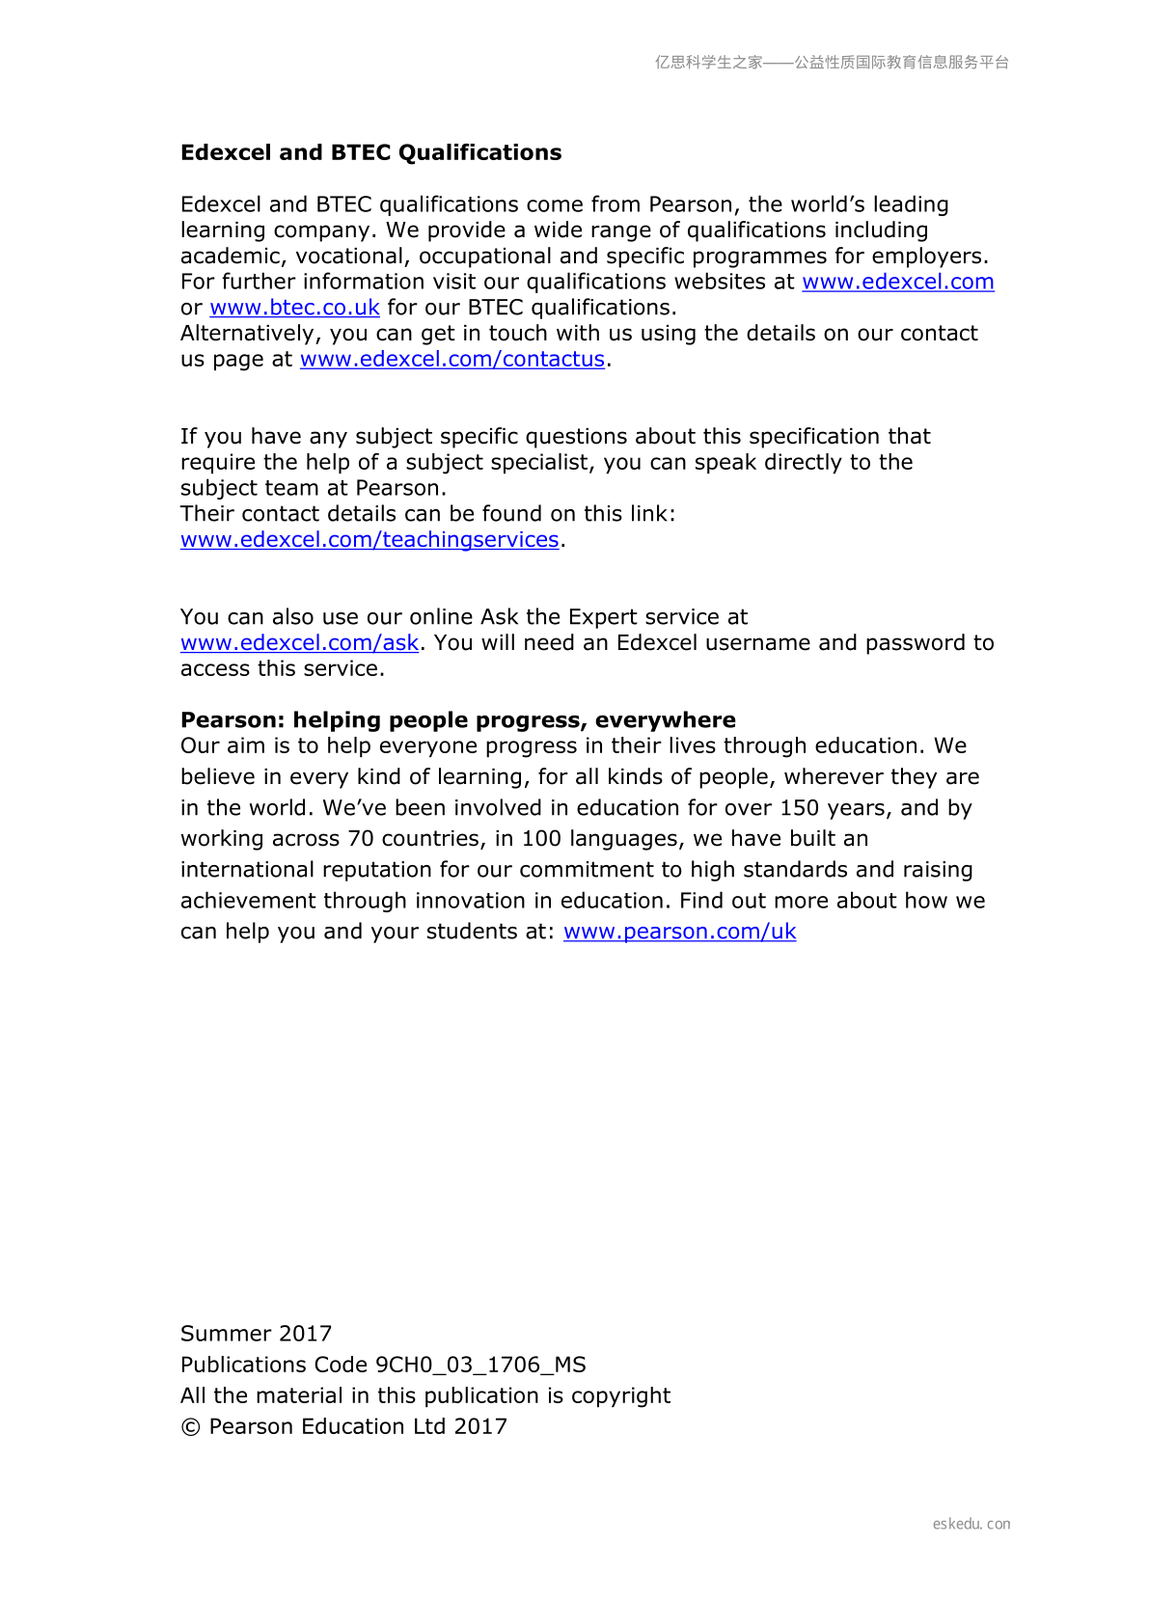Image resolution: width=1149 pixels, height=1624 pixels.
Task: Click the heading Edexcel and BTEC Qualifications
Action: pyautogui.click(x=370, y=152)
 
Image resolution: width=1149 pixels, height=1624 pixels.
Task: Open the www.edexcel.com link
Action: pyautogui.click(x=897, y=282)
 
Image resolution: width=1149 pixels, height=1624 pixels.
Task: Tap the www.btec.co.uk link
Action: pyautogui.click(x=294, y=308)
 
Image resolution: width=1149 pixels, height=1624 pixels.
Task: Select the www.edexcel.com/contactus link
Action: pyautogui.click(x=451, y=359)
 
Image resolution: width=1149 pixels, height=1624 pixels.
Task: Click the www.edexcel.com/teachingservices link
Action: pyautogui.click(x=369, y=540)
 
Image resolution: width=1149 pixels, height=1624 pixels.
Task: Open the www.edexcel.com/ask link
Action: pyautogui.click(x=299, y=643)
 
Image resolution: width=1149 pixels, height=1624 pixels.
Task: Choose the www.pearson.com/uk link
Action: pyautogui.click(x=679, y=932)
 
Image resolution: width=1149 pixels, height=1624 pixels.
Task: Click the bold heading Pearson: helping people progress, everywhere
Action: pyautogui.click(x=457, y=720)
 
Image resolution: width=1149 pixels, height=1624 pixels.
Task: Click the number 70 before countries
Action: pyautogui.click(x=361, y=839)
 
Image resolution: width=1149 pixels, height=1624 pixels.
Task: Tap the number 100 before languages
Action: pyautogui.click(x=542, y=839)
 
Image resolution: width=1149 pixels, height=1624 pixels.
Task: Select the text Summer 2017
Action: pyautogui.click(x=256, y=1334)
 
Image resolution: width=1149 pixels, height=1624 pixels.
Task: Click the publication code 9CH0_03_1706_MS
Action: pyautogui.click(x=480, y=1365)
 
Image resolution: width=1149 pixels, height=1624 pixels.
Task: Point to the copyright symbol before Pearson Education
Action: pyautogui.click(x=190, y=1427)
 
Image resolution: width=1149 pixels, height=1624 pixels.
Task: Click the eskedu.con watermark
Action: pyautogui.click(x=971, y=1524)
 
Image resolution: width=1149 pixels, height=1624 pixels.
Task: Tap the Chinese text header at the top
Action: pyautogui.click(x=832, y=63)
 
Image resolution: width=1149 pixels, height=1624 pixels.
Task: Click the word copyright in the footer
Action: pyautogui.click(x=620, y=1395)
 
